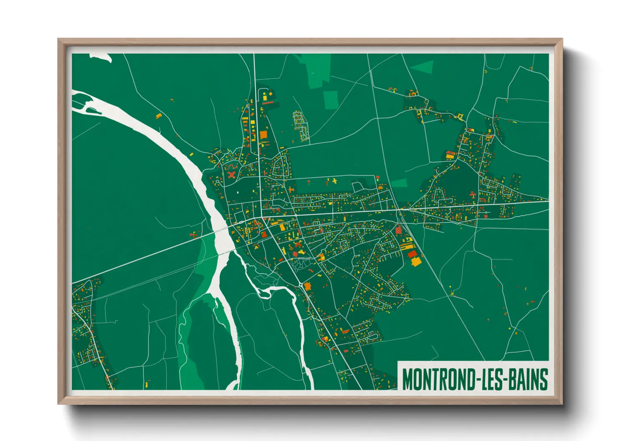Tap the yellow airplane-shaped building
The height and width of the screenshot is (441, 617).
click(334, 181)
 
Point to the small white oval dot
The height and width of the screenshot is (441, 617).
click(238, 193)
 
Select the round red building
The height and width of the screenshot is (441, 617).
click(295, 253)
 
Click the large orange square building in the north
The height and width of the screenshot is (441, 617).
click(263, 134)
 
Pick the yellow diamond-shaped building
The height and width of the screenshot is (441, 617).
click(321, 257)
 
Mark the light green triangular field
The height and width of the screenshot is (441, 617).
click(424, 67)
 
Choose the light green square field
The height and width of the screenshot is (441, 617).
click(331, 100)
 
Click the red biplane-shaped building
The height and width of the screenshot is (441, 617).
click(472, 195)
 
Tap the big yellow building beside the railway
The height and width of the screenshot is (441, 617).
click(416, 262)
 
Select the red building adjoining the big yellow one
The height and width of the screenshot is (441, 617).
click(412, 254)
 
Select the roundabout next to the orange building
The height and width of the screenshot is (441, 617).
click(301, 284)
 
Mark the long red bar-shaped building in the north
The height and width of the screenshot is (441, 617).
click(268, 103)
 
